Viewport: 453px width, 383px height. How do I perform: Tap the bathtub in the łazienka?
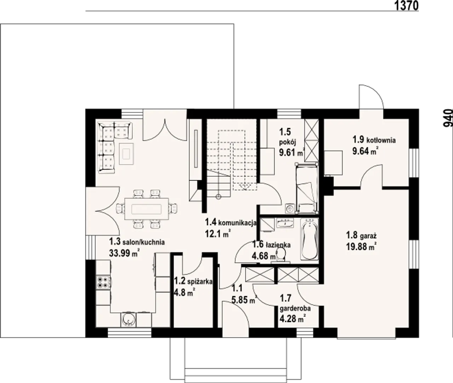[309, 239]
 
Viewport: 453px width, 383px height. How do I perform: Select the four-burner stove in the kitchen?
[103, 282]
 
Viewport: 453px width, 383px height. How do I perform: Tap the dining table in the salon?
[147, 209]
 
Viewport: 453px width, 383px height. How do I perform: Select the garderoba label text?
[295, 308]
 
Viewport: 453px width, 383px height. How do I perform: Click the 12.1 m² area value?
[218, 234]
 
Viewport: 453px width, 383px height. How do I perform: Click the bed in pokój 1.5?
[307, 188]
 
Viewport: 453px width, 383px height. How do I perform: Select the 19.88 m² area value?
[362, 247]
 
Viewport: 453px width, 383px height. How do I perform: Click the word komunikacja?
[237, 223]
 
